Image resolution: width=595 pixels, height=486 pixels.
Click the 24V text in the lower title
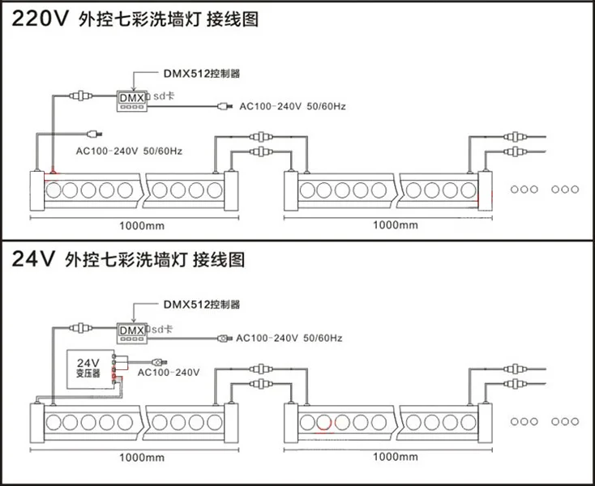(x=33, y=259)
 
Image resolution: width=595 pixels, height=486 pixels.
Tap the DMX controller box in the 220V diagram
(x=131, y=100)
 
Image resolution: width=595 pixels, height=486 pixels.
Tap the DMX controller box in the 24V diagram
(x=131, y=333)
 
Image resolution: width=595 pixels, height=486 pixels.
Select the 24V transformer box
(x=91, y=369)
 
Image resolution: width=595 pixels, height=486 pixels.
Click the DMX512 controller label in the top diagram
(x=202, y=73)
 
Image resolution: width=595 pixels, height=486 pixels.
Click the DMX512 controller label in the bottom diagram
(x=202, y=305)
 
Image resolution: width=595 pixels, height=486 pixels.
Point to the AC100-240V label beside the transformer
(x=169, y=373)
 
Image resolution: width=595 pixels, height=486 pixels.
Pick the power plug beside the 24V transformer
(x=160, y=361)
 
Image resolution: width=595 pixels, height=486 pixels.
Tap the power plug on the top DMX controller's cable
(x=225, y=106)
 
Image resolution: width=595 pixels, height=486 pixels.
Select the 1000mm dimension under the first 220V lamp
(x=142, y=226)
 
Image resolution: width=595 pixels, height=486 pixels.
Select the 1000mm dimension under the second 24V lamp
(x=396, y=457)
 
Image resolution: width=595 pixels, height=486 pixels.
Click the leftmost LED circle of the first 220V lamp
(x=54, y=190)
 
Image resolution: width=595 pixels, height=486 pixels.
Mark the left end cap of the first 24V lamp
(x=37, y=423)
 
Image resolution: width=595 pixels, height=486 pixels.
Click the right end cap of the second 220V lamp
(x=485, y=190)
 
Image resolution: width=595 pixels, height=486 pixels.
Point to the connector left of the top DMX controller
(x=81, y=96)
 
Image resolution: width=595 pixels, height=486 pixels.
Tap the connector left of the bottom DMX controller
(x=81, y=327)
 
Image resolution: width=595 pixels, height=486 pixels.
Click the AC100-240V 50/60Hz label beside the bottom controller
(x=289, y=338)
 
